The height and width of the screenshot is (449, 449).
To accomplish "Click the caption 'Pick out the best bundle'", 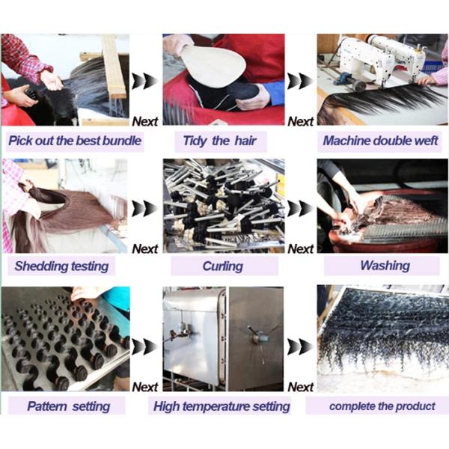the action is coord(75,141).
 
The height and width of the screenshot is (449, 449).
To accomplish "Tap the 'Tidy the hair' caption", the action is coord(219,141).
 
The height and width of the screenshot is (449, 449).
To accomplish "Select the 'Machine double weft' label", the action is coord(380,141).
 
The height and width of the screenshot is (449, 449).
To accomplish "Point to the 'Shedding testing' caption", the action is coord(61,266).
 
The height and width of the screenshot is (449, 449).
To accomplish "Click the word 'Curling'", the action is coord(223,266).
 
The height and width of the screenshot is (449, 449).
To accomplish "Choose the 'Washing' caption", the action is coord(385,266).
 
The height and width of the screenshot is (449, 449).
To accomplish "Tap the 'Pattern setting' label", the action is coord(68,406).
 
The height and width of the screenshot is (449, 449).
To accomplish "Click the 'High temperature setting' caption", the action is coord(222,406).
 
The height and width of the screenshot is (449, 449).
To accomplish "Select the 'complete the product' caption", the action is coord(382,406).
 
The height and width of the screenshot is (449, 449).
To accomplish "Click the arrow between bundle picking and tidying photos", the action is coord(145,81).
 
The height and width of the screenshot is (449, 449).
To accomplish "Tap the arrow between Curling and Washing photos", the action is coord(300,208).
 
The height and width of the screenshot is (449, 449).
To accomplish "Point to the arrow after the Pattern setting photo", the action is coord(145,346).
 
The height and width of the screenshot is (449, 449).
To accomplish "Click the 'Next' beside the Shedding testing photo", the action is coord(145,249).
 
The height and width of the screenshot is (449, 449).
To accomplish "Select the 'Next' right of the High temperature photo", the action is coord(300,387).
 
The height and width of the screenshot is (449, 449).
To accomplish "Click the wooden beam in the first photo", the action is coord(114,67).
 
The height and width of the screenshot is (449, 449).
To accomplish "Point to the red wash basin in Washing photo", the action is coord(384,238).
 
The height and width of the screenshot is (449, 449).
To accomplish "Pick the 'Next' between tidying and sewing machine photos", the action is coord(300,121).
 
